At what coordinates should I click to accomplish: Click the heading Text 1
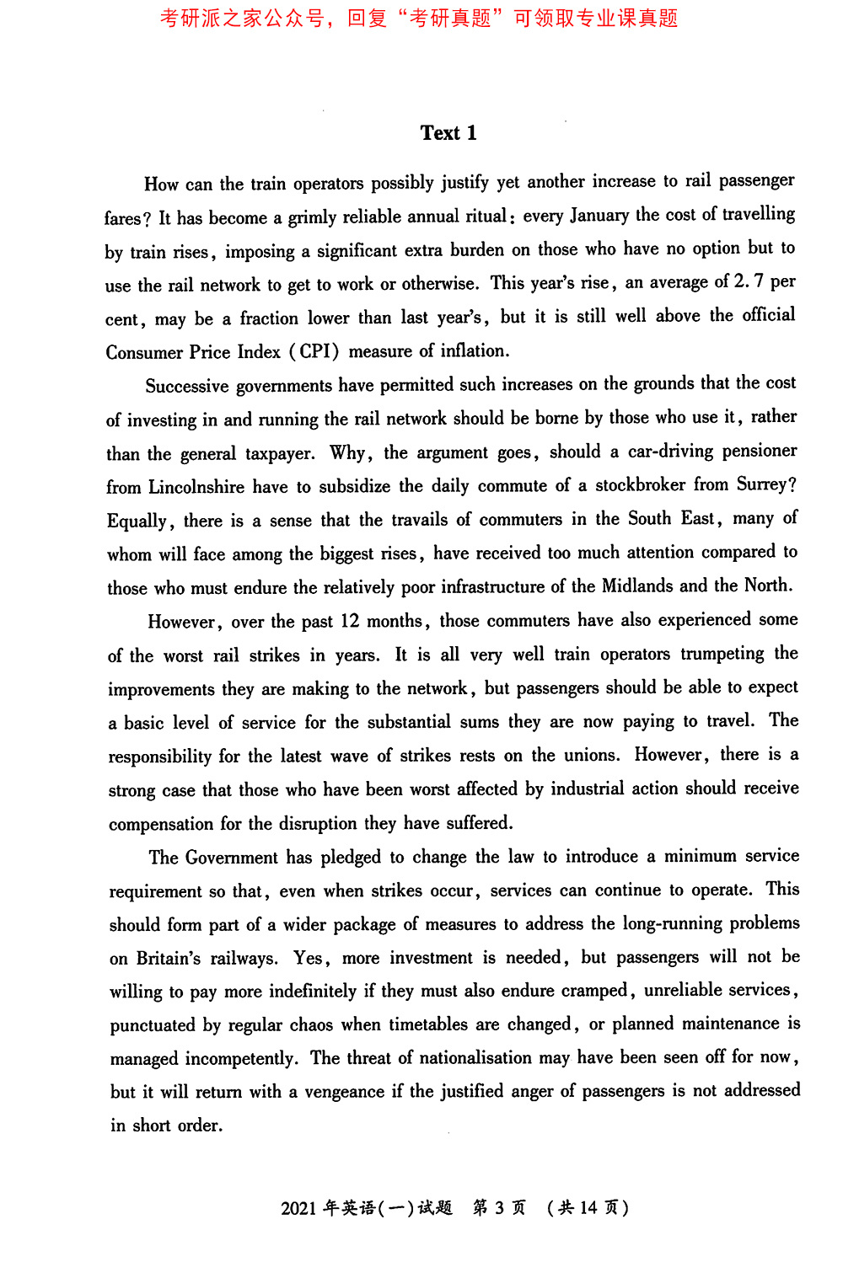click(448, 133)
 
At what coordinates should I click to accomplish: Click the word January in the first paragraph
click(599, 216)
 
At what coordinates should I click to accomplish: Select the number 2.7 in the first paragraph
click(748, 281)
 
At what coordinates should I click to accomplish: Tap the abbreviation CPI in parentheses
click(314, 351)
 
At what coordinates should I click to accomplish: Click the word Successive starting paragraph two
click(187, 386)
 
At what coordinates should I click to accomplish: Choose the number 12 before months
click(350, 621)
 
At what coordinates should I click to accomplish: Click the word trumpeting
click(722, 654)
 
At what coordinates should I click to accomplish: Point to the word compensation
click(161, 824)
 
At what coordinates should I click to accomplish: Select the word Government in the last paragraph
click(231, 858)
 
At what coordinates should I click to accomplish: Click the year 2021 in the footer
click(298, 1208)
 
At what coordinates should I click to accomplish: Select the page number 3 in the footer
click(499, 1208)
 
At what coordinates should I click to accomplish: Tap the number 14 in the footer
click(588, 1208)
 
